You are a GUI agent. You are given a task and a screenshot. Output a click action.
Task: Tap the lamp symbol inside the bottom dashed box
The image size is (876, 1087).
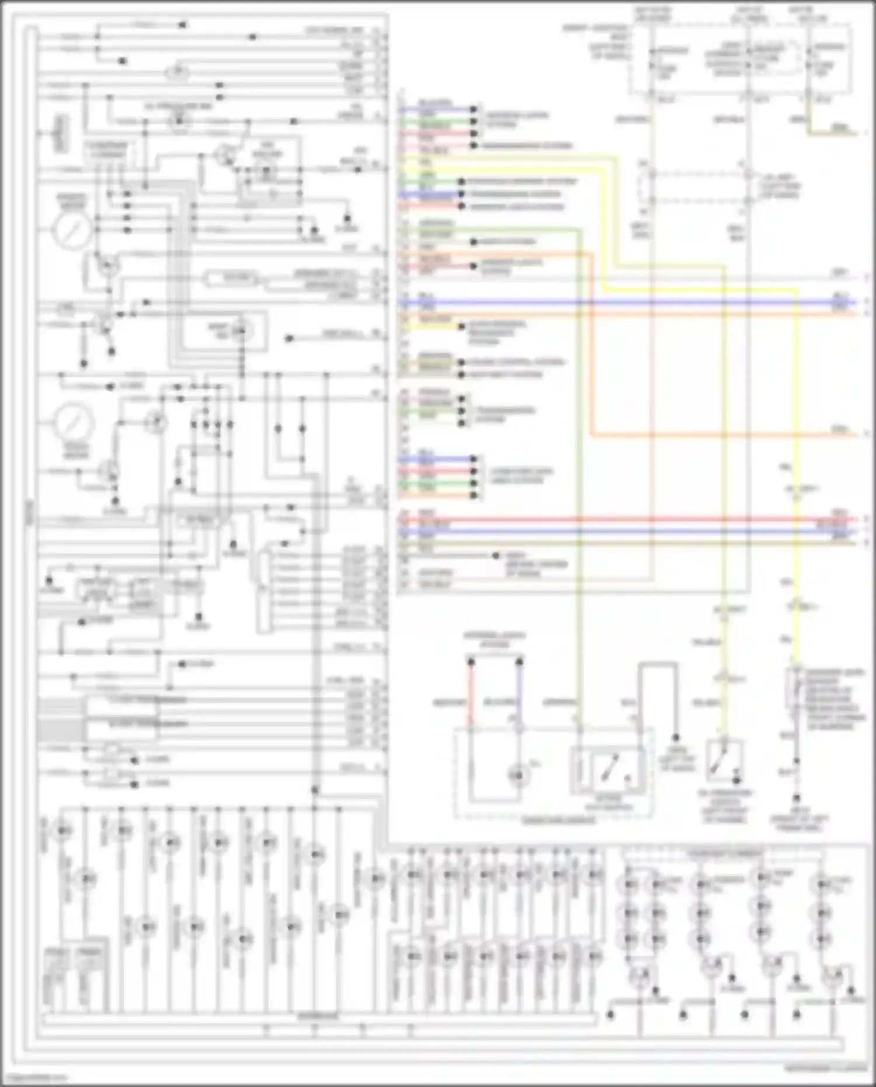coord(517,775)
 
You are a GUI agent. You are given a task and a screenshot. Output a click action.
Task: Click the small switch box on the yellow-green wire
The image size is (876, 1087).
coord(724,761)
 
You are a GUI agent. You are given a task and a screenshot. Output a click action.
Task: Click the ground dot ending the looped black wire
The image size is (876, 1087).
coord(676,738)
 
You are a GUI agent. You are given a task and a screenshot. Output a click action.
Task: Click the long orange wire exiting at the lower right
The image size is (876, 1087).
coord(724,435)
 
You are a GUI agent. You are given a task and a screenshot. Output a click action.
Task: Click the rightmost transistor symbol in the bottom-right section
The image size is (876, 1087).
coord(834,977)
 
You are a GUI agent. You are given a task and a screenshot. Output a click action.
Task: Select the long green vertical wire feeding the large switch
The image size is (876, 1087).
coord(579,467)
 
